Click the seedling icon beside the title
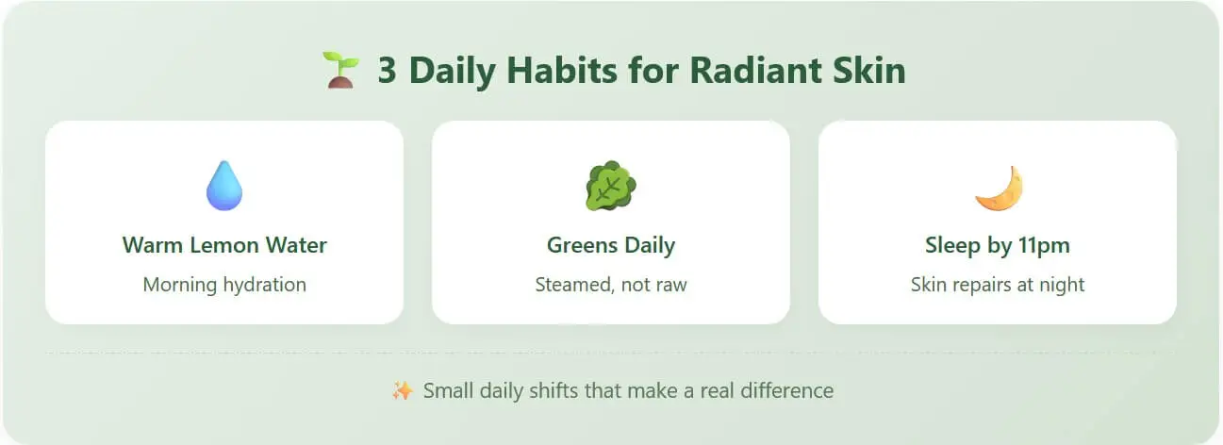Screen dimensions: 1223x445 coord(340,70)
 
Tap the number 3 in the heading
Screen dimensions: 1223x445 coord(388,71)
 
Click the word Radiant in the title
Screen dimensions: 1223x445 coord(755,71)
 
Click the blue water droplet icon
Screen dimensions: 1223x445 coord(224,185)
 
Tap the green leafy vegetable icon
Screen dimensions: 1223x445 coord(611,186)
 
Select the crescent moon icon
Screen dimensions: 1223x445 coord(1000,188)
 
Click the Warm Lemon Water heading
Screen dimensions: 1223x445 coord(224,245)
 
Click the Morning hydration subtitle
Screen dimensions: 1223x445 coord(224,285)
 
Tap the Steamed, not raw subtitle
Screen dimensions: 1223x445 coord(611,285)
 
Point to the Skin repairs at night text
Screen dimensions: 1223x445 coord(998,285)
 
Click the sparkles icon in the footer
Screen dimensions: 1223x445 coord(403,390)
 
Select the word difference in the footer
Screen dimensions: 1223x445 coord(786,391)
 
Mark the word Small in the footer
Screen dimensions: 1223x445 coord(448,391)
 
